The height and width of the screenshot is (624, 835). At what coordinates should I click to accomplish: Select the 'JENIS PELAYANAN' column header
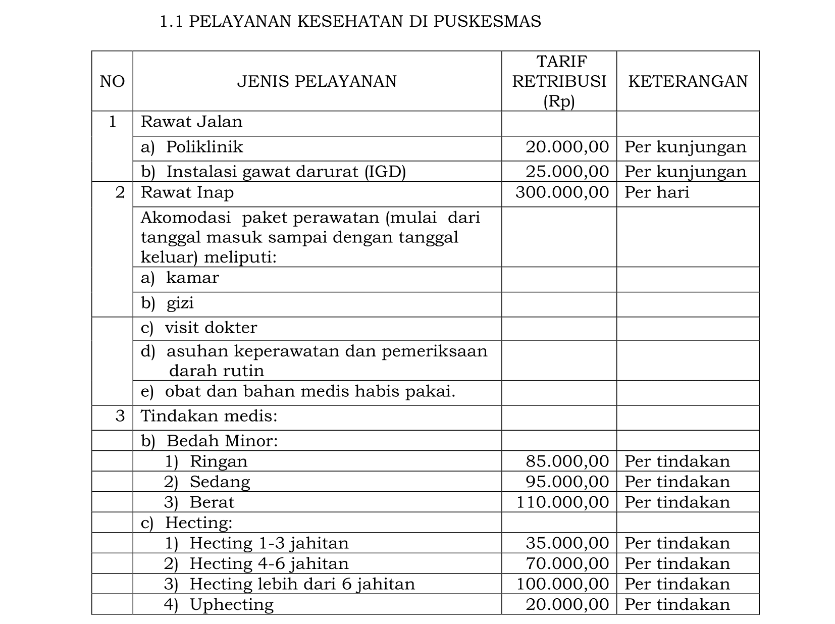click(317, 81)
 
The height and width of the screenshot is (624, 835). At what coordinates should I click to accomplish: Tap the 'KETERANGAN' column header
click(688, 81)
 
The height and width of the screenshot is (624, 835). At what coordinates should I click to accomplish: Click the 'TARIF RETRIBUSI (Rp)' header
click(559, 81)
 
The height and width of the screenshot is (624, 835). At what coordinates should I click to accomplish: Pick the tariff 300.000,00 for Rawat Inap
click(562, 192)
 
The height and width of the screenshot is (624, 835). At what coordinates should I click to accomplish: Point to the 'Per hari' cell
click(656, 192)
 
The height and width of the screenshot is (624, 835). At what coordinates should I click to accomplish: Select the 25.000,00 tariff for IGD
click(567, 172)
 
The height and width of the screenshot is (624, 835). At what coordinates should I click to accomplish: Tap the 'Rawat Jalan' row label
click(191, 122)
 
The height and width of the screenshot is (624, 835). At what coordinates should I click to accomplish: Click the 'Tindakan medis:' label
click(209, 416)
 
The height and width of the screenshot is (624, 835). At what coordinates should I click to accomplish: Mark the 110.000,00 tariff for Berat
click(562, 502)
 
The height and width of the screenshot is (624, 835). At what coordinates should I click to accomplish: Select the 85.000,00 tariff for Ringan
click(567, 461)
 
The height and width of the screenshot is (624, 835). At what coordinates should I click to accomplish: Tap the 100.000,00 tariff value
click(562, 584)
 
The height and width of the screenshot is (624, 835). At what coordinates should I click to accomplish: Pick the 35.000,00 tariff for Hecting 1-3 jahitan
click(567, 543)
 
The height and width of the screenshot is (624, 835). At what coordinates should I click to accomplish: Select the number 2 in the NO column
click(120, 192)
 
